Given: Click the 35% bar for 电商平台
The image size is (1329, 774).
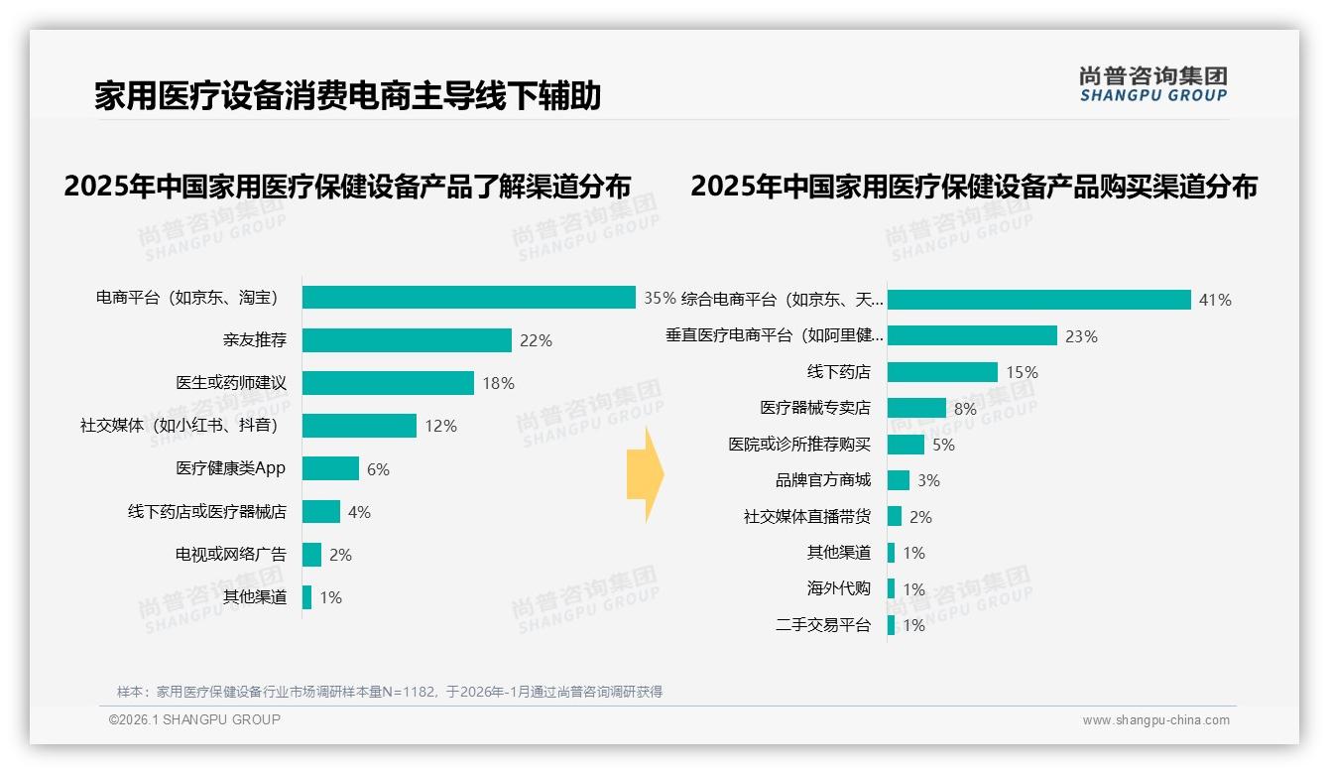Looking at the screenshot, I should (x=468, y=298).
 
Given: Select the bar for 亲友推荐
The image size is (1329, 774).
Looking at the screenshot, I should (x=407, y=340).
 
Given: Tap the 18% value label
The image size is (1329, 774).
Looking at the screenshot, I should (x=498, y=383).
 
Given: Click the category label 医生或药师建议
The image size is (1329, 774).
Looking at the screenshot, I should (x=231, y=383).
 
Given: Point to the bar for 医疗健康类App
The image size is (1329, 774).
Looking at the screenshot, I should (x=330, y=468).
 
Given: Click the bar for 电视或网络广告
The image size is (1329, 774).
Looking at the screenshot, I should (x=311, y=555).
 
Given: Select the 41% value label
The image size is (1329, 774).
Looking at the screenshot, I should (x=1215, y=300).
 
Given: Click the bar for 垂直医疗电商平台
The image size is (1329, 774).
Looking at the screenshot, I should (x=972, y=336).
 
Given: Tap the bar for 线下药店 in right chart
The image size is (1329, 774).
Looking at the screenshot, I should (x=942, y=372).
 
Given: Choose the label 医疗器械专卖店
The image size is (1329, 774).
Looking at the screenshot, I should (x=815, y=408).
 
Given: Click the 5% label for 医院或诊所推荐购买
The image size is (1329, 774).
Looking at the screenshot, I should (x=943, y=445).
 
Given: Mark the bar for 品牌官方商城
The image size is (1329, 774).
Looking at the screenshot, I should (x=899, y=480).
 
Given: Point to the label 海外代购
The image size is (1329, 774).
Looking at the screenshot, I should (x=839, y=588).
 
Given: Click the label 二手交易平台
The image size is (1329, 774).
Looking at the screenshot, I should (x=823, y=625).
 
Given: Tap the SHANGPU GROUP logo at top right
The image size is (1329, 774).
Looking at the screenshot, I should (x=1152, y=84).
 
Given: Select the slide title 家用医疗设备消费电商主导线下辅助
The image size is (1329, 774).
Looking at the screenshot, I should (x=348, y=96).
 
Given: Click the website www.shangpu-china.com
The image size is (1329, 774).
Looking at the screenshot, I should (x=1155, y=720).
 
